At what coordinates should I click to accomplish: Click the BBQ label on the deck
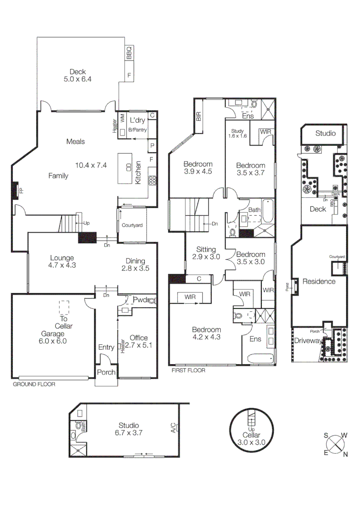[129, 53]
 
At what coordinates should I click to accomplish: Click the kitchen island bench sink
[128, 167]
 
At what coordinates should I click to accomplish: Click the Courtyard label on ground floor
[132, 225]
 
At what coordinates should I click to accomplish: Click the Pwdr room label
[141, 300]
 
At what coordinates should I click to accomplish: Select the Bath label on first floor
[254, 210]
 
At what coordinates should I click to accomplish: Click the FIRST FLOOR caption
[189, 371]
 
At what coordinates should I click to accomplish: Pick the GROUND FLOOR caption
[34, 384]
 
